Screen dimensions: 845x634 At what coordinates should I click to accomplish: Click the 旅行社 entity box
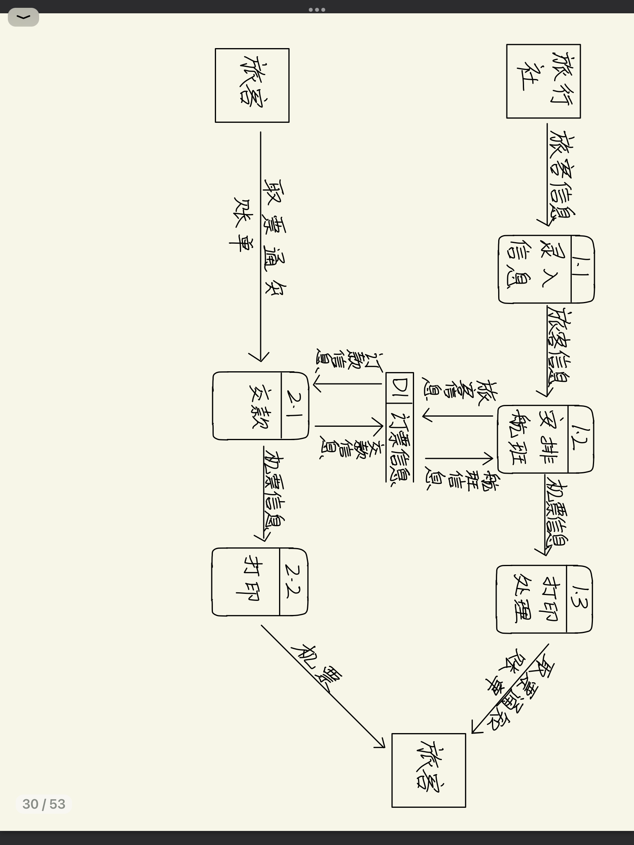click(543, 81)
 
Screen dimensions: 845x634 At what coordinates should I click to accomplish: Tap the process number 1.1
click(582, 269)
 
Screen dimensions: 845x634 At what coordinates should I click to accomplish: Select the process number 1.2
click(580, 439)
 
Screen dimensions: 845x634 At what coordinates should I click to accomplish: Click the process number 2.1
click(294, 405)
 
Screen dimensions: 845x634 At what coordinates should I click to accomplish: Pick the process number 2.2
click(294, 581)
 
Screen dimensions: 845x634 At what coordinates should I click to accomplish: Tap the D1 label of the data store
click(400, 388)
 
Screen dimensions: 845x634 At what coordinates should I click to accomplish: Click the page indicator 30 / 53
click(43, 804)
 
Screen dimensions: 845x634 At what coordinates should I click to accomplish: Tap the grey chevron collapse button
click(23, 17)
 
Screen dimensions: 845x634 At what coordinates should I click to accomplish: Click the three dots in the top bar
click(317, 9)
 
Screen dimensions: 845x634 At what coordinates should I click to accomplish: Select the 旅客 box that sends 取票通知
click(252, 85)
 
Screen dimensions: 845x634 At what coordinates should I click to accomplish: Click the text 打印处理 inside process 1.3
click(532, 599)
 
